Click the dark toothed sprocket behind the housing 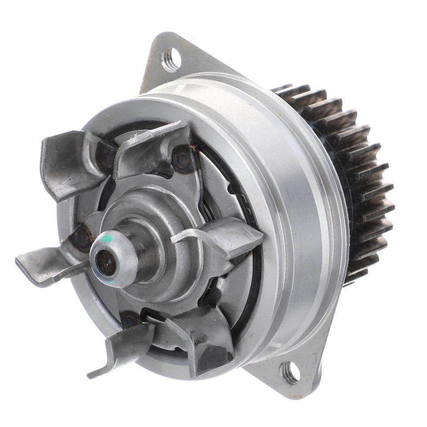click(x=356, y=178)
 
